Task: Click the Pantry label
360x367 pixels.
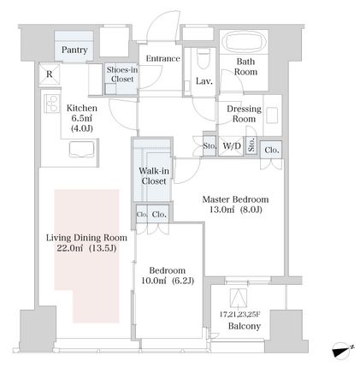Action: click(x=74, y=50)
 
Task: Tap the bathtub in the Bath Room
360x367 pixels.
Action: click(x=245, y=42)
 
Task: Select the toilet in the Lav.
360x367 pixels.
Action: click(x=204, y=58)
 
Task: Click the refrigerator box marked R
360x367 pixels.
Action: click(x=50, y=74)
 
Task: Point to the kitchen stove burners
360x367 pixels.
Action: click(x=51, y=104)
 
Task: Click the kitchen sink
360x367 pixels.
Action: click(x=81, y=149)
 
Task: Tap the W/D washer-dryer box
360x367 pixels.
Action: click(x=231, y=146)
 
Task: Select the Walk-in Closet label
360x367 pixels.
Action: click(x=154, y=176)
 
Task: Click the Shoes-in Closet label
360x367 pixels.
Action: click(x=122, y=74)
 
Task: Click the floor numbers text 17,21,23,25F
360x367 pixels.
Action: click(x=239, y=314)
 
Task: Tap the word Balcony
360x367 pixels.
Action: click(x=245, y=326)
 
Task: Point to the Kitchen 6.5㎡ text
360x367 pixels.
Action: click(x=82, y=118)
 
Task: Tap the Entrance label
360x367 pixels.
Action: click(x=162, y=59)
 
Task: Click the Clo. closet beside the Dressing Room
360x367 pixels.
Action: click(x=272, y=150)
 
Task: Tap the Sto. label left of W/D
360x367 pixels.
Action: click(x=210, y=146)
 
